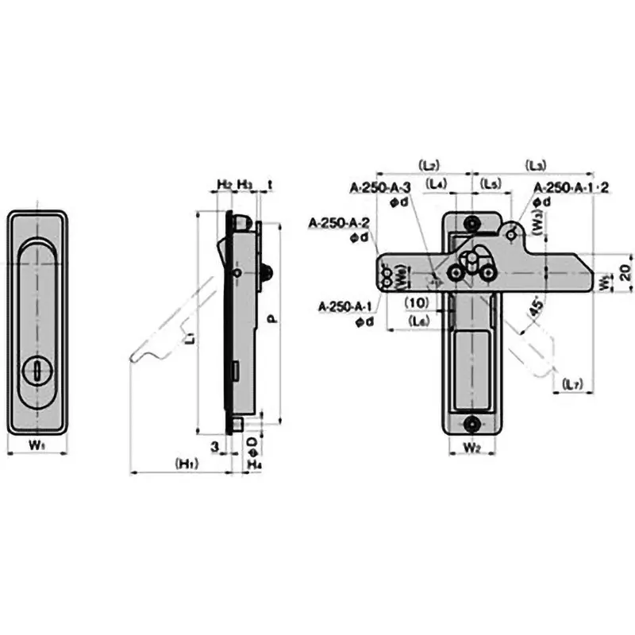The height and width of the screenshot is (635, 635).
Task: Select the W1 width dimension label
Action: coord(37,444)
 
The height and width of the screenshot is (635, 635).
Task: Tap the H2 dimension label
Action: coord(225,184)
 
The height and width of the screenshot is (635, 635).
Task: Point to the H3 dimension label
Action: coord(245,184)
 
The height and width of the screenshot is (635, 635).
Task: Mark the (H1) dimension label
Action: coord(187,464)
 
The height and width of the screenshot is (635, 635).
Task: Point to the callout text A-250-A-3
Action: coord(380,187)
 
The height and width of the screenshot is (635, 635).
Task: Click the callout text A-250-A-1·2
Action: coord(571,187)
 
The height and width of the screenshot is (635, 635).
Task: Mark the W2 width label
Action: coord(472,448)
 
